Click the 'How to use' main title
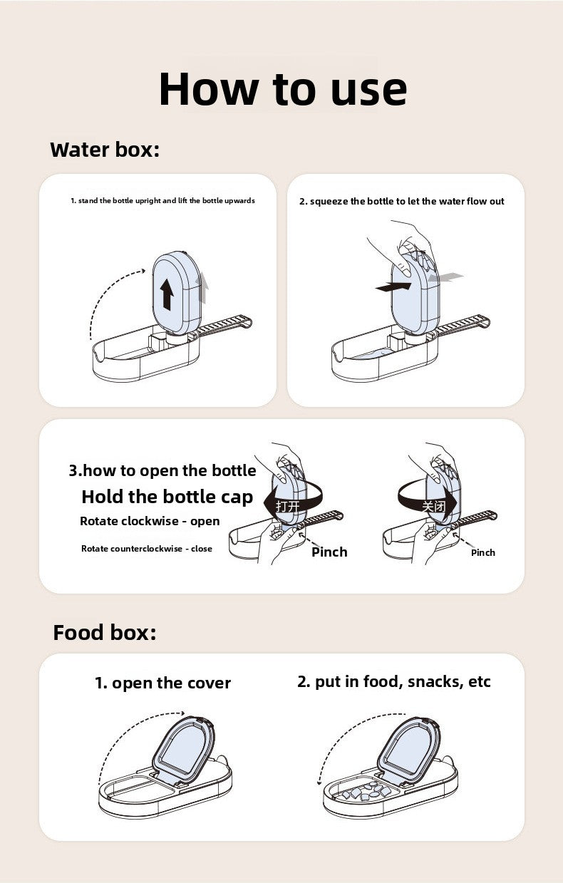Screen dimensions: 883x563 pyautogui.click(x=282, y=89)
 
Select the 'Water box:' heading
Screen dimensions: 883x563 pyautogui.click(x=105, y=150)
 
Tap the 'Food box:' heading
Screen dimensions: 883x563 pyautogui.click(x=104, y=632)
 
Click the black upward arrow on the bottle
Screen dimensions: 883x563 pyautogui.click(x=167, y=294)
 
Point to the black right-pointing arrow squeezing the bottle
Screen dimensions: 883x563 pyautogui.click(x=393, y=286)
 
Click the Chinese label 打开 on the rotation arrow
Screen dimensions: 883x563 pyautogui.click(x=287, y=507)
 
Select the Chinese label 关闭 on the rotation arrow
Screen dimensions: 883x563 pyautogui.click(x=433, y=507)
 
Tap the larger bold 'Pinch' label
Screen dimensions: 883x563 pyautogui.click(x=329, y=552)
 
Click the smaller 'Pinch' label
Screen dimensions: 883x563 pyautogui.click(x=482, y=552)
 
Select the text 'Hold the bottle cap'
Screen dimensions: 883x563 pyautogui.click(x=167, y=497)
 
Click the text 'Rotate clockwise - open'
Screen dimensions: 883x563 pyautogui.click(x=150, y=521)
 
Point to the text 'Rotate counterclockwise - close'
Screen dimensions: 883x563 pyautogui.click(x=146, y=549)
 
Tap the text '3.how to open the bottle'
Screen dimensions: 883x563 pyautogui.click(x=162, y=470)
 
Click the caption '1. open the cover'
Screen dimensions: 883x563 pyautogui.click(x=162, y=683)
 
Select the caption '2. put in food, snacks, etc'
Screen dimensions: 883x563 pyautogui.click(x=393, y=681)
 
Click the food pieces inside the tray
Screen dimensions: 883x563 pyautogui.click(x=365, y=790)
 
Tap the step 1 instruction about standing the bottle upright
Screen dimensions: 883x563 pyautogui.click(x=162, y=201)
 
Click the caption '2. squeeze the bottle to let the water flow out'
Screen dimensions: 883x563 pyautogui.click(x=401, y=202)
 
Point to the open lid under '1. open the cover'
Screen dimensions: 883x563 pyautogui.click(x=182, y=750)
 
